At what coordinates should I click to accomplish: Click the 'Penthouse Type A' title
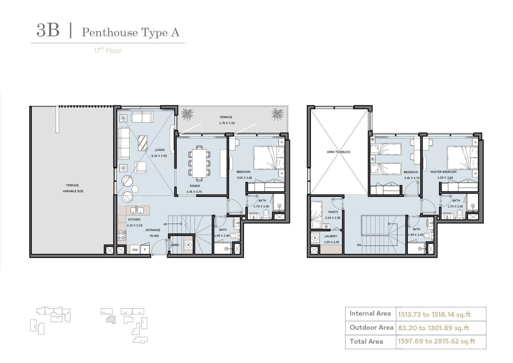pos(131,32)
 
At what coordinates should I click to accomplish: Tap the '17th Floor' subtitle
pos(108,50)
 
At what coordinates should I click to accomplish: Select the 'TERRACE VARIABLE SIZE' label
pos(73,188)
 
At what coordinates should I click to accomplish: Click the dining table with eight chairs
pos(199,163)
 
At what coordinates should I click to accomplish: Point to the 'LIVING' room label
pos(160,150)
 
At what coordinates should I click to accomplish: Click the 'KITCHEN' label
pos(134,220)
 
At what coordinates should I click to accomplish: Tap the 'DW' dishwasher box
pos(135,249)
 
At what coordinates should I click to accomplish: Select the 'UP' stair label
pos(165,224)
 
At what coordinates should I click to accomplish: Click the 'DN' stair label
pos(359,245)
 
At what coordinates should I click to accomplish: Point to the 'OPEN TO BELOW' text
pos(339,152)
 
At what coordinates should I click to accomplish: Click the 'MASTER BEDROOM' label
pos(443,172)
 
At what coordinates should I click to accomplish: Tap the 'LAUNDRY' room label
pos(331,236)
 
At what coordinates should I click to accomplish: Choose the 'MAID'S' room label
pos(333,212)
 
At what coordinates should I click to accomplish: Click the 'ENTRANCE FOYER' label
pos(153,233)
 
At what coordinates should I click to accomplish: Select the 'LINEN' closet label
pos(175,245)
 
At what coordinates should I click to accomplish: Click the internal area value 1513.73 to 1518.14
pos(434,315)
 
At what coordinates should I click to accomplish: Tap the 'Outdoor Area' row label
pos(372,327)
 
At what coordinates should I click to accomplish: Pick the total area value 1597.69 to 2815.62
pos(436,341)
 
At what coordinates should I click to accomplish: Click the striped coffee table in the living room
pos(142,143)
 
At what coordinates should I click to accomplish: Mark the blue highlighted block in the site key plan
pos(111,319)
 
